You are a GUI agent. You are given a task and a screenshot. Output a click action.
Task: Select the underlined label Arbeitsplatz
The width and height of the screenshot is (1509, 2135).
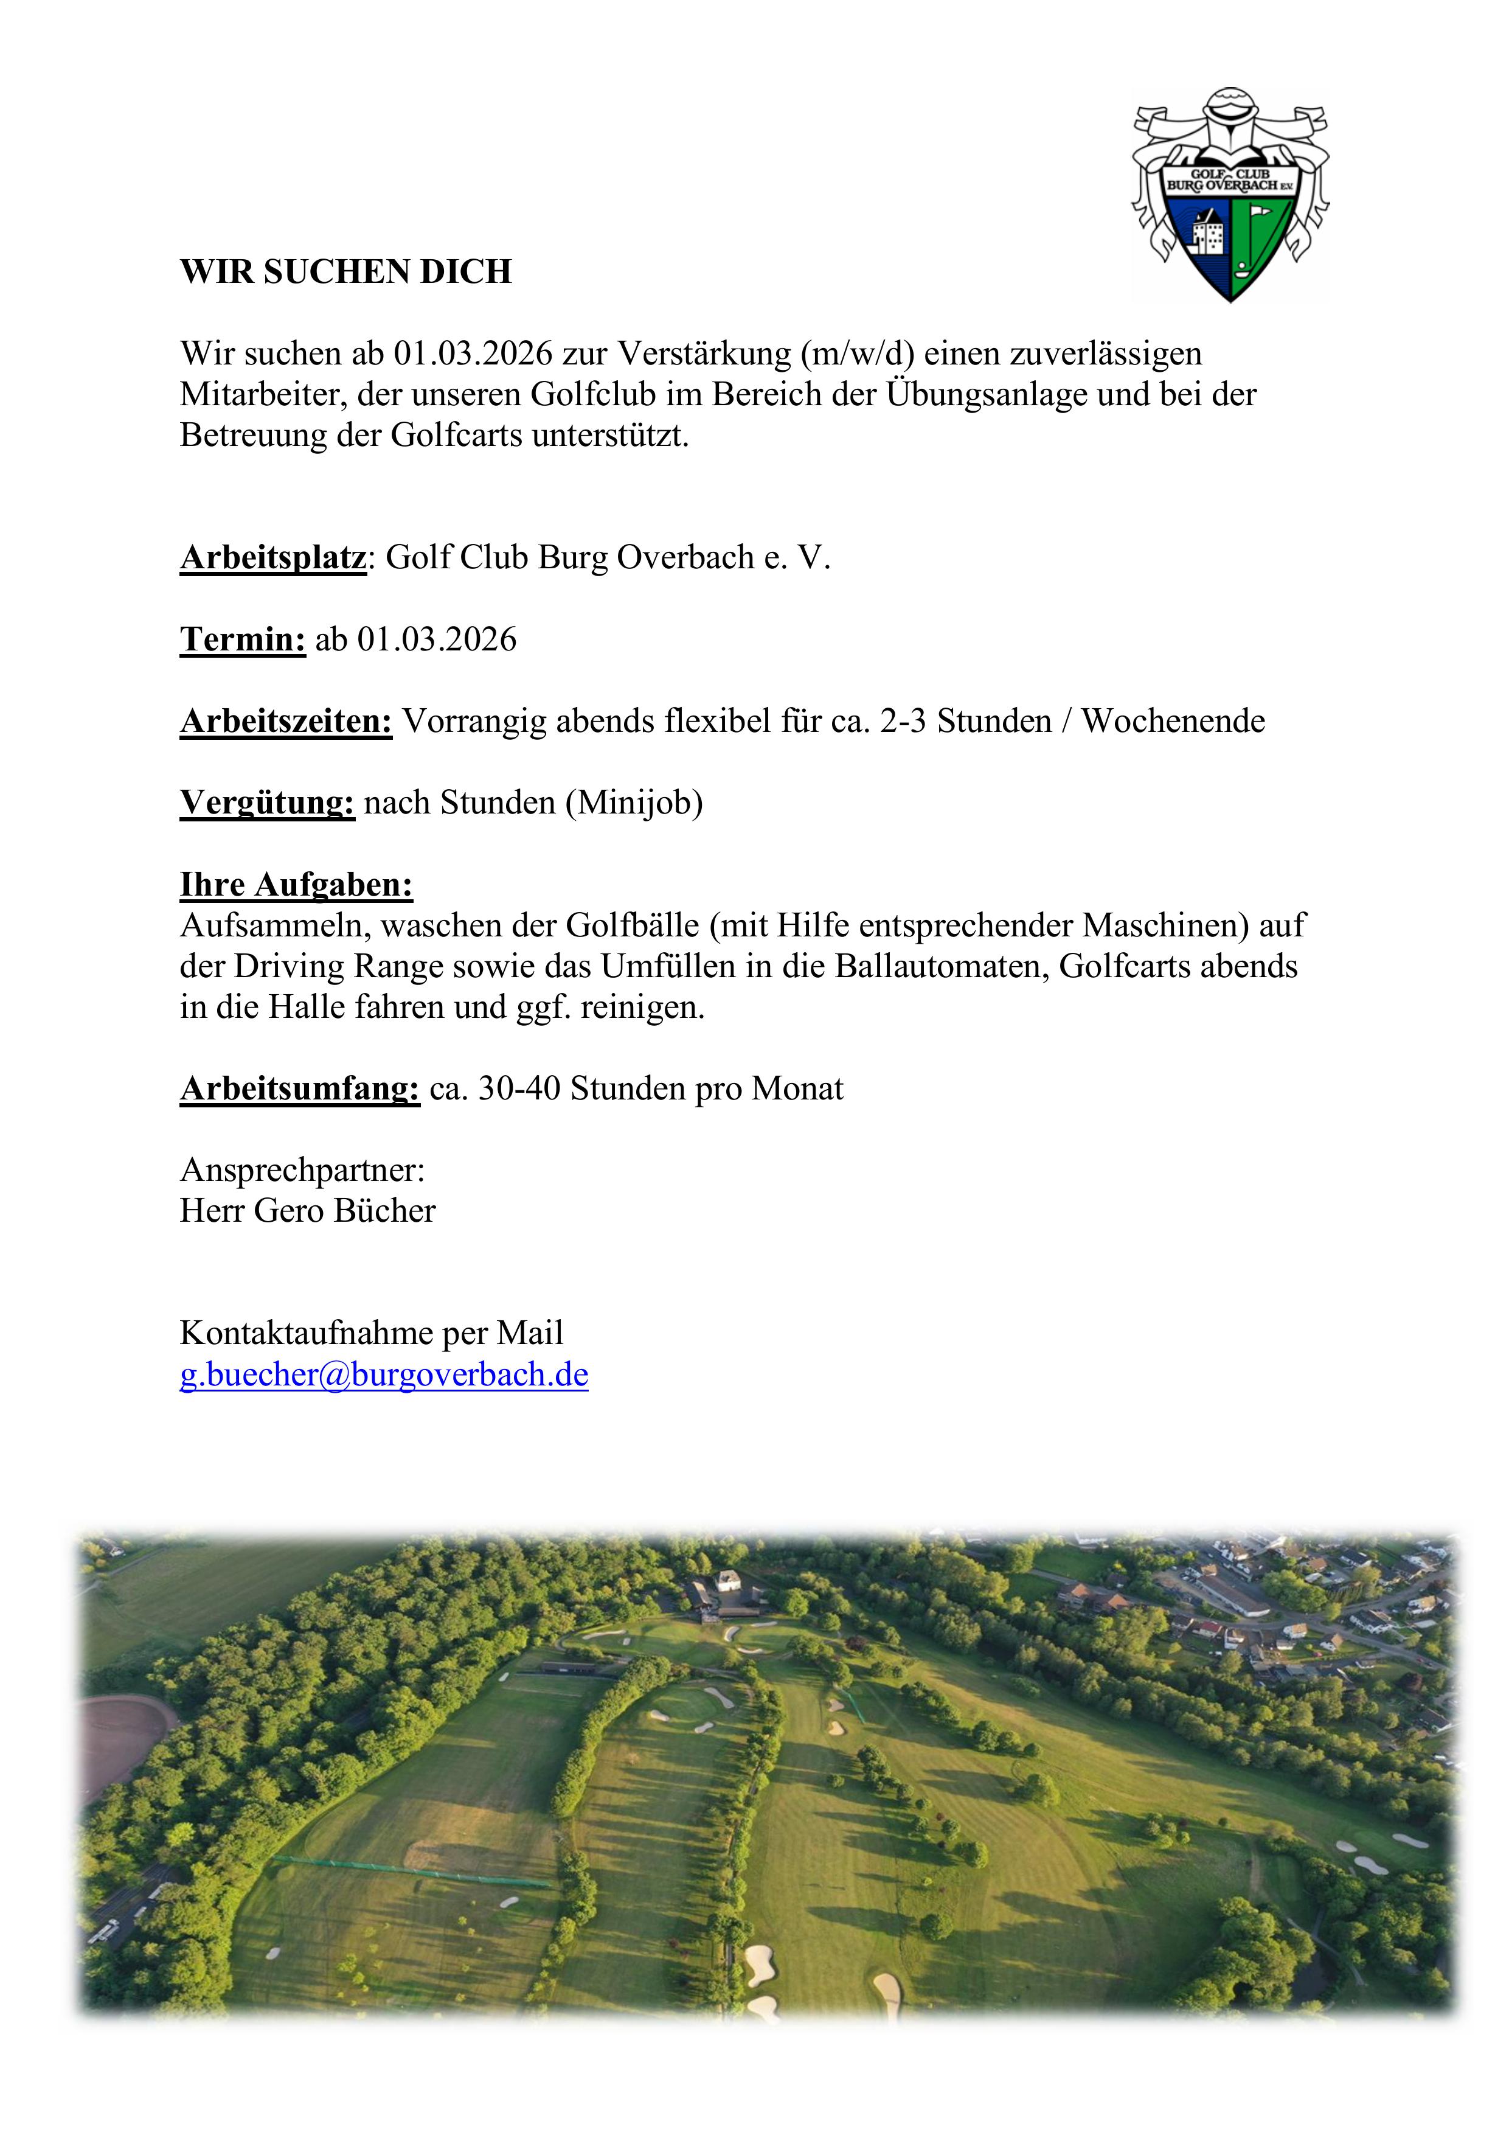(272, 558)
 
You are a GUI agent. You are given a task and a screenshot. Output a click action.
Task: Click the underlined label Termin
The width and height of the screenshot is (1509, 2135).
(243, 639)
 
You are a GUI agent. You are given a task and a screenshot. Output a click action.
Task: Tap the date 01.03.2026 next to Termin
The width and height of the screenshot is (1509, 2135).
(436, 639)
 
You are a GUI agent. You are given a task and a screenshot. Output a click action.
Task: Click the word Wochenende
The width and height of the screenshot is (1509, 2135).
(1173, 722)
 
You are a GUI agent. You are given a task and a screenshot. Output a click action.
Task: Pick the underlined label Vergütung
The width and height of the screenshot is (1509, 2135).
(267, 803)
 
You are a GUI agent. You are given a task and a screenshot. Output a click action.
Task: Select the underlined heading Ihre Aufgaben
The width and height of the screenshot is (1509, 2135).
(296, 884)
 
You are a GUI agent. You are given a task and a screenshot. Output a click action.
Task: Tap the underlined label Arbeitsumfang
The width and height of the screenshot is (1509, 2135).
(299, 1089)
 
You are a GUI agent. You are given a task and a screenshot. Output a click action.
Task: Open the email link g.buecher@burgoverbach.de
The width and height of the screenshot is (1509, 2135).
(383, 1374)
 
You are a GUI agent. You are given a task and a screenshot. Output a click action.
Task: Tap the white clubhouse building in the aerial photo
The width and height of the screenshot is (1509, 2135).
(728, 1580)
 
